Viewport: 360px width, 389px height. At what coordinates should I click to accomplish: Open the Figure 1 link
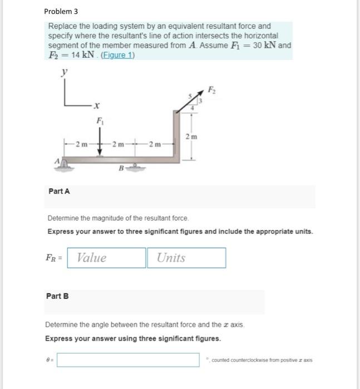coord(117,56)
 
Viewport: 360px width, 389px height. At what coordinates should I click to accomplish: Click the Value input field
coord(106,258)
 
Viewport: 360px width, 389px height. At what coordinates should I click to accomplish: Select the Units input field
coord(186,258)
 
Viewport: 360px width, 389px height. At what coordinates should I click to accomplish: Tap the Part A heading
coord(59,191)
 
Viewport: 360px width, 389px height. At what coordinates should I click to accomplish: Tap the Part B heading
coord(58,296)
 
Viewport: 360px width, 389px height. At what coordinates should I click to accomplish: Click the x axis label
coord(96,104)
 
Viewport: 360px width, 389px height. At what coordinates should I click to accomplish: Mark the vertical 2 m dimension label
coord(192,137)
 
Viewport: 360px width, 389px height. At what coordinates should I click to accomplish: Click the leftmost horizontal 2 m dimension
coord(81,146)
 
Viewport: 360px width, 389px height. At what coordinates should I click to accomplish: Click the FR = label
coord(54,258)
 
